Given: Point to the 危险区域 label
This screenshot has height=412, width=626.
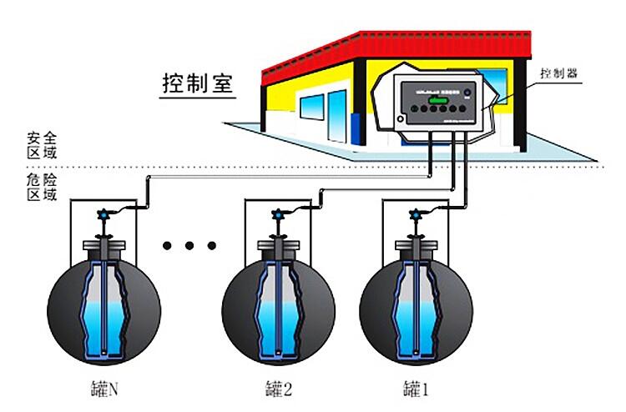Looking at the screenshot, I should (x=42, y=186).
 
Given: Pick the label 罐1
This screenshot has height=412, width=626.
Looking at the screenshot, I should (x=415, y=388).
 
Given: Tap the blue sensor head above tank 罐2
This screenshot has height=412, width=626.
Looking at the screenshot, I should (x=276, y=215).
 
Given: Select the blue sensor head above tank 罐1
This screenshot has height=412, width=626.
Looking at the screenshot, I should (x=414, y=215).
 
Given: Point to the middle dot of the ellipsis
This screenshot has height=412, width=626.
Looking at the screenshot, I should (x=190, y=245).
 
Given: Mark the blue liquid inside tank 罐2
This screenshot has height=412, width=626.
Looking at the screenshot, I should (x=275, y=321).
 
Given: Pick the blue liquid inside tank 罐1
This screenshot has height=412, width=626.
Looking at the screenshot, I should (x=414, y=321).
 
